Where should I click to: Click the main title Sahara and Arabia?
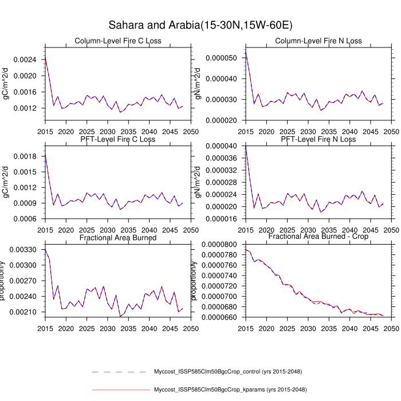[x=200, y=25]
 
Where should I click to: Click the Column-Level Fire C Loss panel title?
[x=118, y=41]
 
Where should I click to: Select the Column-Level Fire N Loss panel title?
[x=319, y=41]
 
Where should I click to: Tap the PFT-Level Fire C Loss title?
[x=118, y=139]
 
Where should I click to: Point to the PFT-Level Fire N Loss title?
[x=319, y=139]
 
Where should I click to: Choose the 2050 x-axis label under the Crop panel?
[x=391, y=329]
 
